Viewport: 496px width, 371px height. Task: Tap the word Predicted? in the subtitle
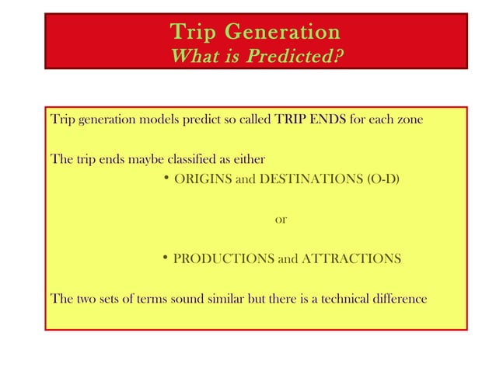pyautogui.click(x=297, y=57)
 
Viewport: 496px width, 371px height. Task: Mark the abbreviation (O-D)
pyautogui.click(x=382, y=181)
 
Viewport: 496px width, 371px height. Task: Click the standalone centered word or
pyautogui.click(x=281, y=220)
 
